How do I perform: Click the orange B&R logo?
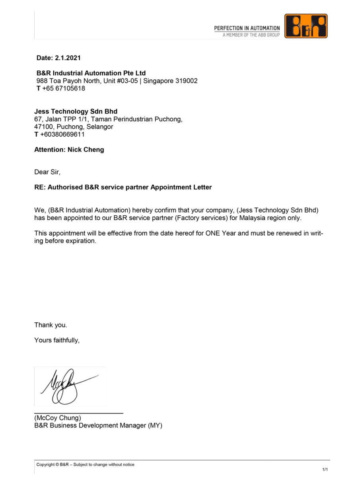click(x=306, y=26)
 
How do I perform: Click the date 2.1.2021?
click(x=68, y=58)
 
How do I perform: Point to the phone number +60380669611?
click(x=62, y=135)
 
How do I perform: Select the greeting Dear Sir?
click(x=47, y=172)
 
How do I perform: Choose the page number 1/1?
click(x=325, y=470)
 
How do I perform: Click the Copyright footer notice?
click(x=86, y=464)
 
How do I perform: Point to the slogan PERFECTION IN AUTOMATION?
click(x=247, y=28)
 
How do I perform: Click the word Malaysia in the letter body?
click(x=253, y=218)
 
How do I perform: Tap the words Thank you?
click(x=51, y=325)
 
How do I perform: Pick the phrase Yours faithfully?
click(x=57, y=340)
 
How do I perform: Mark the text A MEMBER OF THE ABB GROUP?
click(x=251, y=35)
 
